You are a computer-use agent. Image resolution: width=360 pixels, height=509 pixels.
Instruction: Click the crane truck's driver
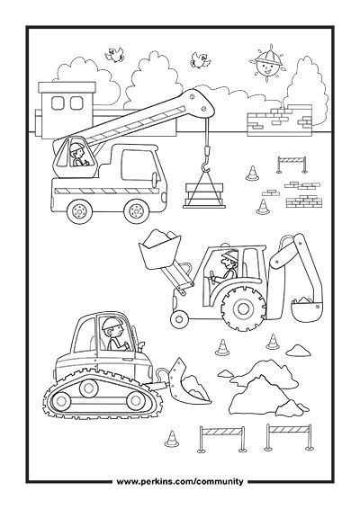click(78, 155)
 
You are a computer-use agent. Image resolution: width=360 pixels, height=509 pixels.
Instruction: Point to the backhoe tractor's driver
click(228, 266)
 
